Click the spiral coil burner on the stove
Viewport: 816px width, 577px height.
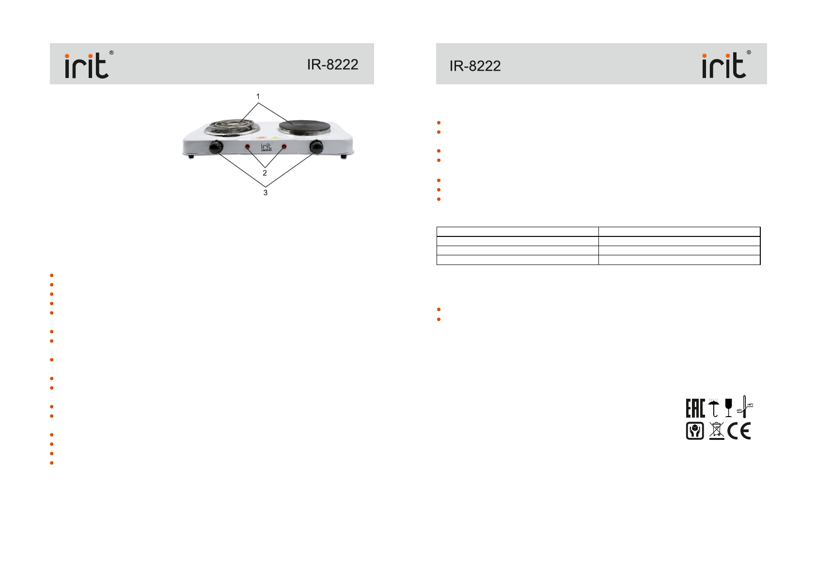pos(232,128)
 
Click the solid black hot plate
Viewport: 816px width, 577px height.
pos(305,127)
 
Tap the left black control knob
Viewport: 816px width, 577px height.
pos(216,147)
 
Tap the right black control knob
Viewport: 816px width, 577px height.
pos(316,147)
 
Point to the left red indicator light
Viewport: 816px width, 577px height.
pos(247,147)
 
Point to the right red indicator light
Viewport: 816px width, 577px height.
pos(284,146)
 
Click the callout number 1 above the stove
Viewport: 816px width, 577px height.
pos(258,96)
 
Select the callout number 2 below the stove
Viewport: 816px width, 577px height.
pos(265,173)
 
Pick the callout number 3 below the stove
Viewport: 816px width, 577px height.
pos(266,193)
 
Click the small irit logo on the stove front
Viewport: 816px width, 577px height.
pos(267,147)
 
